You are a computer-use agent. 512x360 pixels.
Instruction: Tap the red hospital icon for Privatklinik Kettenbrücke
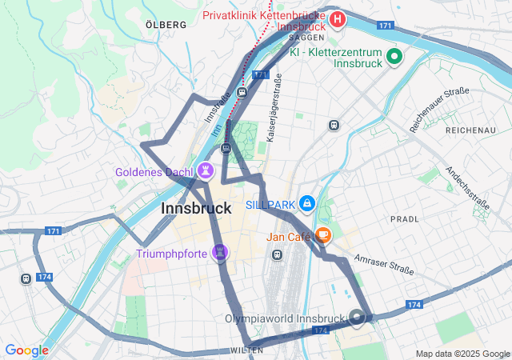pyautogui.click(x=338, y=18)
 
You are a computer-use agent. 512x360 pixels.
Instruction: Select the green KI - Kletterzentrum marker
pyautogui.click(x=394, y=56)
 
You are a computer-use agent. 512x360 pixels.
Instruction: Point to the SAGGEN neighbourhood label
pyautogui.click(x=306, y=37)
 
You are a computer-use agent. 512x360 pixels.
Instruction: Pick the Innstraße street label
pyautogui.click(x=213, y=118)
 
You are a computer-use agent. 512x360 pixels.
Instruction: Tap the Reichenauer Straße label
pyautogui.click(x=439, y=110)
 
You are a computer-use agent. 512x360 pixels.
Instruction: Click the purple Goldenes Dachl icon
pyautogui.click(x=206, y=170)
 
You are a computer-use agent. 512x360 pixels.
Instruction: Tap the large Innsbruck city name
pyautogui.click(x=196, y=208)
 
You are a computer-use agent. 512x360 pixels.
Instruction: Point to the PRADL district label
pyautogui.click(x=404, y=218)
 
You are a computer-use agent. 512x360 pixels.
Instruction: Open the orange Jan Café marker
pyautogui.click(x=323, y=236)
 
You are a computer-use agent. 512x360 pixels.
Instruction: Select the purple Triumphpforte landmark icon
pyautogui.click(x=220, y=254)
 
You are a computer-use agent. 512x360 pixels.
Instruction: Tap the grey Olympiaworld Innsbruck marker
pyautogui.click(x=358, y=318)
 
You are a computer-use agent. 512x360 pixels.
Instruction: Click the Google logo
pyautogui.click(x=26, y=350)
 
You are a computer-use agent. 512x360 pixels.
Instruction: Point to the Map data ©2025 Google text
pyautogui.click(x=462, y=354)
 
